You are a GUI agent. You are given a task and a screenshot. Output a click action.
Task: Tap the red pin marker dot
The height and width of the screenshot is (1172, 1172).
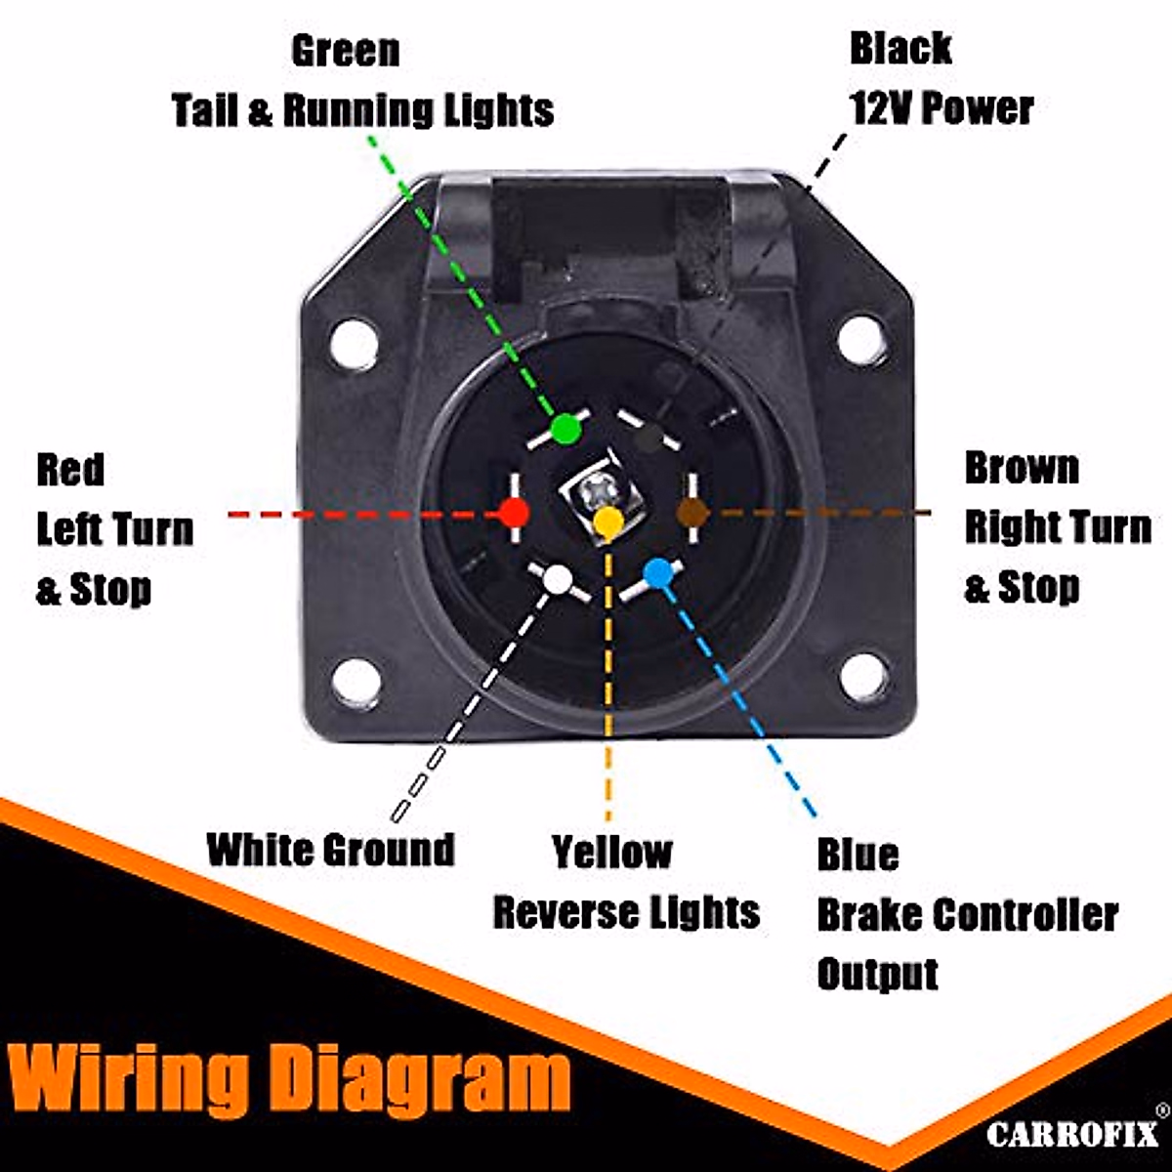coord(514,512)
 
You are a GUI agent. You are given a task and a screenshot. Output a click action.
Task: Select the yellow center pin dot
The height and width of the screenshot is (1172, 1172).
coord(607,523)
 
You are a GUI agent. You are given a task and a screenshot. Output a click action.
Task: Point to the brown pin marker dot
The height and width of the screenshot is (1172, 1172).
coord(692,512)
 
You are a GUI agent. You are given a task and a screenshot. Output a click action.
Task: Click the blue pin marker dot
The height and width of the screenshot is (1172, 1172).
coord(658,573)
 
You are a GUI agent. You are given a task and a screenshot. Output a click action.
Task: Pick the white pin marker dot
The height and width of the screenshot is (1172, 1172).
coord(557,579)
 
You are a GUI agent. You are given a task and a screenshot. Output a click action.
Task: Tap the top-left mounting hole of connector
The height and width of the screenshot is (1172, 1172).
coord(354,343)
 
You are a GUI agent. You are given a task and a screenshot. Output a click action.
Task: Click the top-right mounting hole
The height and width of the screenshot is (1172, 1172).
coord(862,338)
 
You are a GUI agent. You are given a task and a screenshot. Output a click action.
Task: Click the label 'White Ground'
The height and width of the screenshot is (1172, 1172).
coord(331,850)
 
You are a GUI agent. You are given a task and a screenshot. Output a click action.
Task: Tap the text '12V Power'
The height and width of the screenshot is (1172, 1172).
coord(942,107)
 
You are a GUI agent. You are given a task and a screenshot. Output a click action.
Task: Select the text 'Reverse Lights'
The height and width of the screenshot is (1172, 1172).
coord(626,912)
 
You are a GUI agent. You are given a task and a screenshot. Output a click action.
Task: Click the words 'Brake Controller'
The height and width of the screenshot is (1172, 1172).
coord(967,915)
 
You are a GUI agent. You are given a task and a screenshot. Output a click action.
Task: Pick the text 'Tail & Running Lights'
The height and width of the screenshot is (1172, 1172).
coord(363,110)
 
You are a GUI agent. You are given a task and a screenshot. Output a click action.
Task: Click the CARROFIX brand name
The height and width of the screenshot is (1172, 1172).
coord(1071,1134)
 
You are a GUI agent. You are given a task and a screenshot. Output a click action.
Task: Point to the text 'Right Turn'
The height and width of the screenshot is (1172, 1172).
coord(1058,527)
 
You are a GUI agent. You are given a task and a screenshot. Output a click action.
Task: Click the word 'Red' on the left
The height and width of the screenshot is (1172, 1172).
coord(70,470)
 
